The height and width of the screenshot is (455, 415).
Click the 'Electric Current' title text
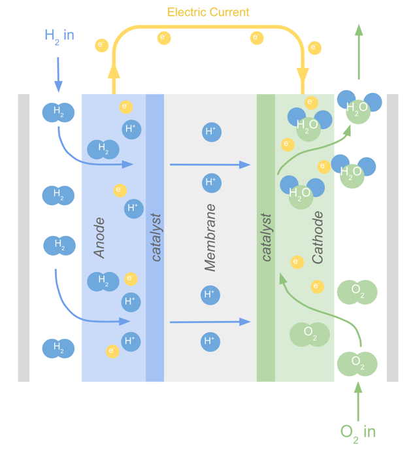click(x=208, y=12)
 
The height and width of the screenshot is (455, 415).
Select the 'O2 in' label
click(x=358, y=431)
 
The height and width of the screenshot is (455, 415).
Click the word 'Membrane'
click(x=210, y=237)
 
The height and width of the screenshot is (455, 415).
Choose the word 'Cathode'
click(x=318, y=237)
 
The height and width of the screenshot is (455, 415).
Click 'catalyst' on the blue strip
click(x=156, y=237)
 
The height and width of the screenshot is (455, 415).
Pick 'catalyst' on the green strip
click(x=266, y=237)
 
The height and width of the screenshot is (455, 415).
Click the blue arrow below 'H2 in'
click(x=58, y=74)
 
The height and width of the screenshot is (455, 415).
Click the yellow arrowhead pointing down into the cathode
click(x=303, y=74)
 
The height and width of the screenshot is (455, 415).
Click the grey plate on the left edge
click(x=24, y=237)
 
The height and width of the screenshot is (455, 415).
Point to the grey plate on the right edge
click(x=393, y=237)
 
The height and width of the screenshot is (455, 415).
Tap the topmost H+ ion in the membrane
click(x=210, y=131)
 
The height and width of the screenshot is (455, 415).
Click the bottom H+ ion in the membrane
click(x=209, y=341)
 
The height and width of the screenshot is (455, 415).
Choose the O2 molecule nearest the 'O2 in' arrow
click(x=357, y=362)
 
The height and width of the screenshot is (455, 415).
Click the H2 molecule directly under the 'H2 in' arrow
click(x=58, y=112)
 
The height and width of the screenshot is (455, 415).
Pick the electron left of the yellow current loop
click(x=101, y=45)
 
